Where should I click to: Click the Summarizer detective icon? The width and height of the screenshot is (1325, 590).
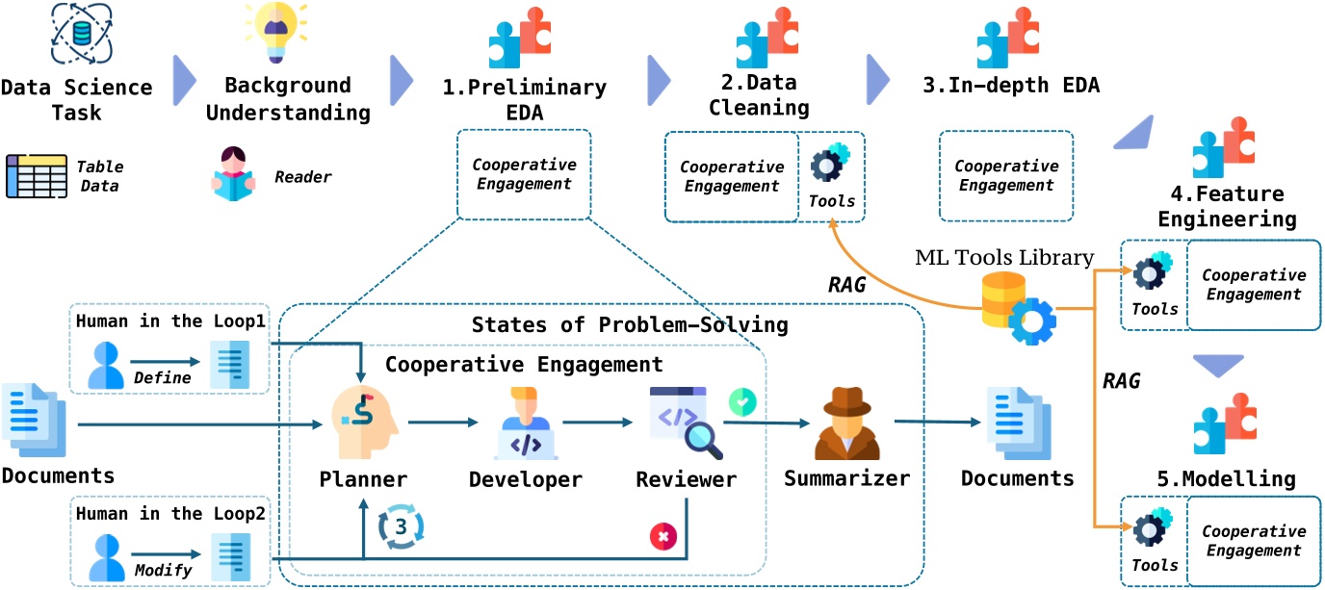(x=846, y=423)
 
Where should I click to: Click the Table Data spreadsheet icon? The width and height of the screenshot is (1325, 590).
(x=37, y=175)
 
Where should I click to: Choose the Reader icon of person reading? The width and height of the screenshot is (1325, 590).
(x=234, y=174)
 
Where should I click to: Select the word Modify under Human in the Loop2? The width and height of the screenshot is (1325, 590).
(x=159, y=570)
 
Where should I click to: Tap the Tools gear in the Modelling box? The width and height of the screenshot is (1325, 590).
(x=1154, y=530)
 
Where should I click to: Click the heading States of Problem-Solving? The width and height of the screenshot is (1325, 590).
(x=630, y=324)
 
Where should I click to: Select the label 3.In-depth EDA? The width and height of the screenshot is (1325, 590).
(x=1010, y=86)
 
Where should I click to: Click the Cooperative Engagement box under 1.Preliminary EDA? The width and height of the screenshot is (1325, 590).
(x=523, y=174)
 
